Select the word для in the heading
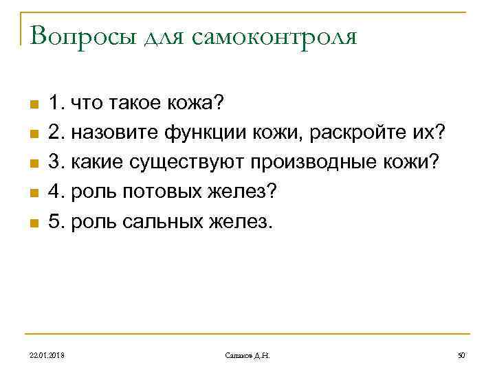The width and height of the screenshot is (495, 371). click(166, 37)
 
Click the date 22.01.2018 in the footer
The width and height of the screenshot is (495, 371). click(48, 355)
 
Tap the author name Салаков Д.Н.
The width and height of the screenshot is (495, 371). click(248, 355)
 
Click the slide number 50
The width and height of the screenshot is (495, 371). click(462, 355)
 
